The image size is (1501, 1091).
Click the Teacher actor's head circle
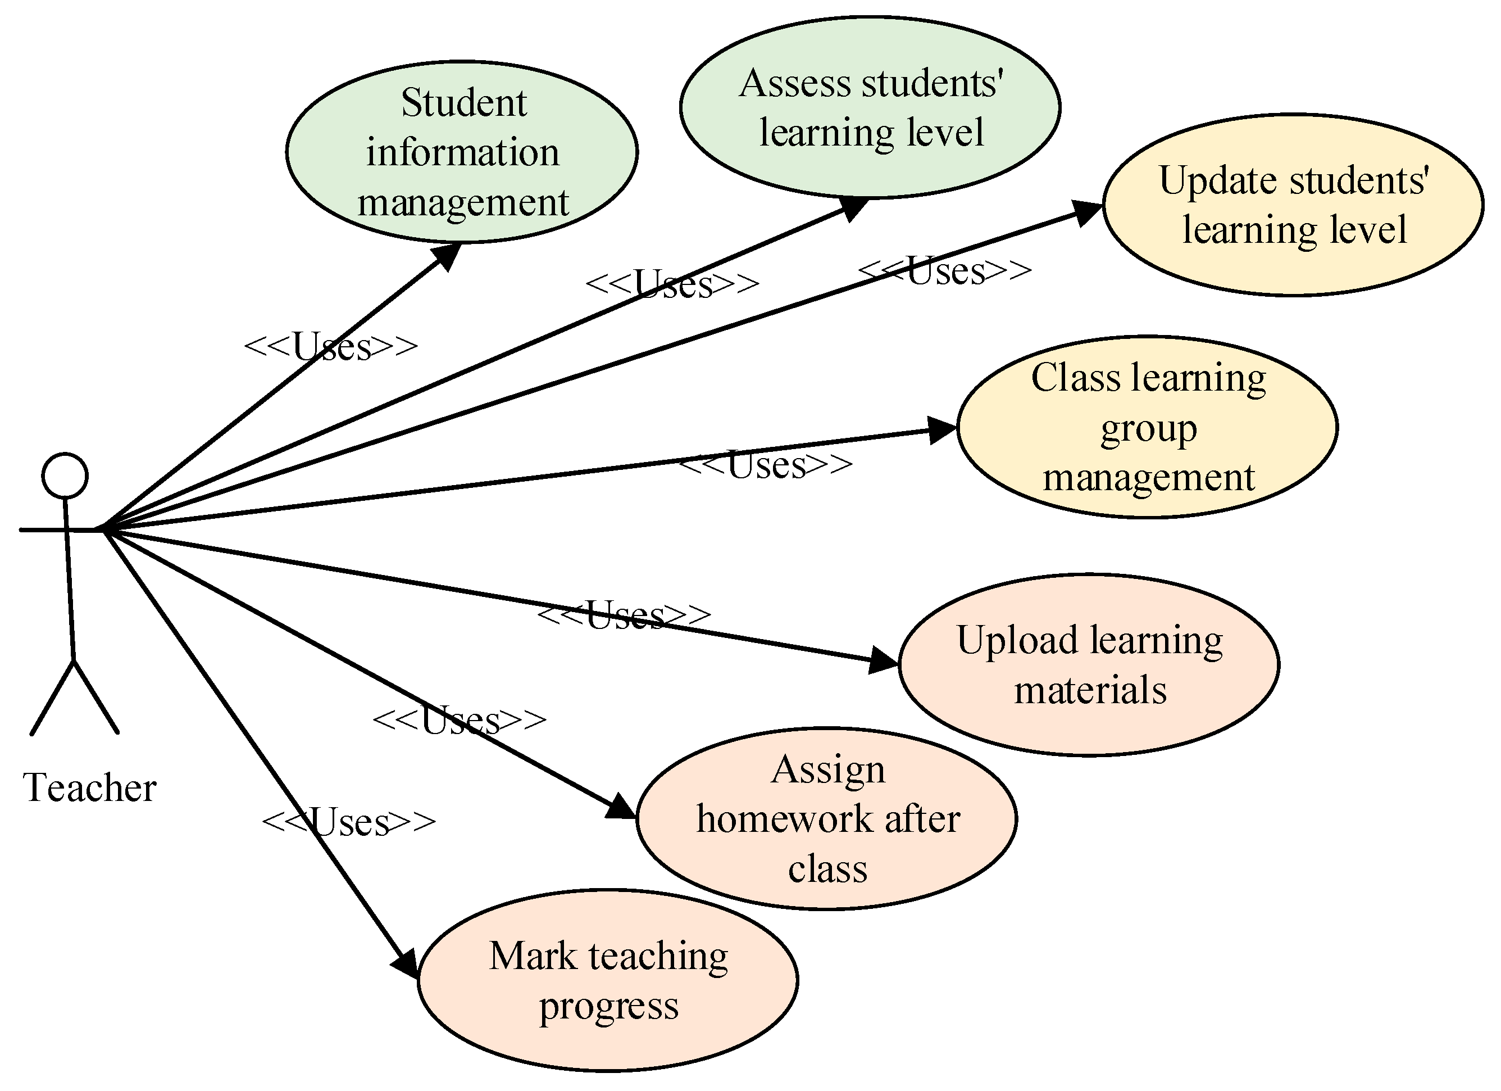(65, 476)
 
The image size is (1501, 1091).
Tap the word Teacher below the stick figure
(90, 788)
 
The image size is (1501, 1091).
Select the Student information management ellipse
(462, 152)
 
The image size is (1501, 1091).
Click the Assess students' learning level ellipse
(870, 107)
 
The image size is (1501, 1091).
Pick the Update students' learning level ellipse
(1293, 205)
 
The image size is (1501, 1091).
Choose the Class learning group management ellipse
(1148, 428)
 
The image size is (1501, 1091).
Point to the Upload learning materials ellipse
(1089, 665)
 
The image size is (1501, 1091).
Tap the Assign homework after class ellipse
(827, 819)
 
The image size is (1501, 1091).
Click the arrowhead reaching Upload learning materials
(883, 660)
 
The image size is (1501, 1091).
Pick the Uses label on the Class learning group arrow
(766, 465)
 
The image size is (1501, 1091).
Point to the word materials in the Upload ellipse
(1090, 690)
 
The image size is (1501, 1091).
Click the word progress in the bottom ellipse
(609, 1006)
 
